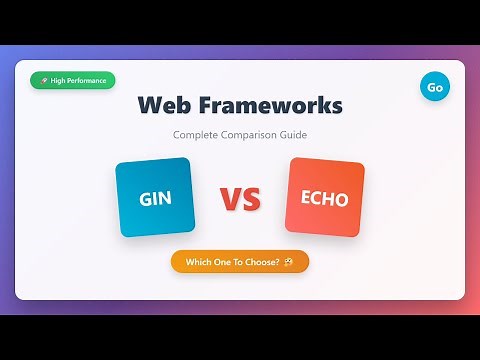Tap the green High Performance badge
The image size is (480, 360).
pos(73,81)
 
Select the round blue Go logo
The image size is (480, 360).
pos(435,87)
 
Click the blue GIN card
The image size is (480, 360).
pos(155,197)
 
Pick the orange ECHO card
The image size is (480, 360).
pos(325,198)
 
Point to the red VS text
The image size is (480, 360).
pos(240,199)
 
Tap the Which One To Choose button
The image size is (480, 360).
pos(240,262)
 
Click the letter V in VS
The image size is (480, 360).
pos(229,199)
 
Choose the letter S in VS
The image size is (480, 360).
pos(251,199)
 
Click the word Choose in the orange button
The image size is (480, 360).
pos(263,262)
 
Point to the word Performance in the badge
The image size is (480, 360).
pos(88,81)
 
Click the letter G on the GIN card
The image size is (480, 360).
pos(144,198)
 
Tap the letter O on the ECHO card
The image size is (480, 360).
pos(341,199)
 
